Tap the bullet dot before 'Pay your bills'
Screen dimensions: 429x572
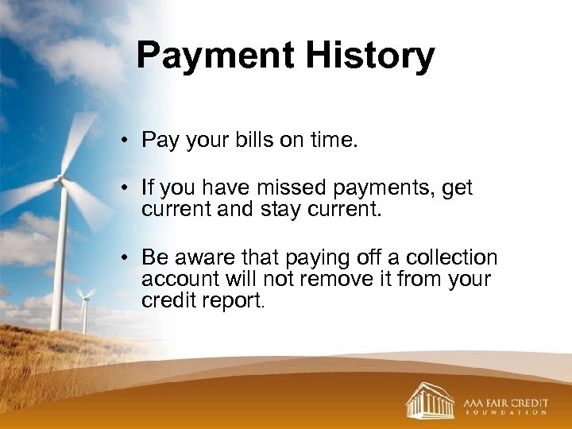126,142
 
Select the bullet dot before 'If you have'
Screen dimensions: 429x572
126,189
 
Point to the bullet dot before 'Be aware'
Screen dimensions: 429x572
126,259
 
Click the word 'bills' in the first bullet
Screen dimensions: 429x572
253,141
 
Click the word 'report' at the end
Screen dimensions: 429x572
238,301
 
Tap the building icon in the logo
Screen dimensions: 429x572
429,400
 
